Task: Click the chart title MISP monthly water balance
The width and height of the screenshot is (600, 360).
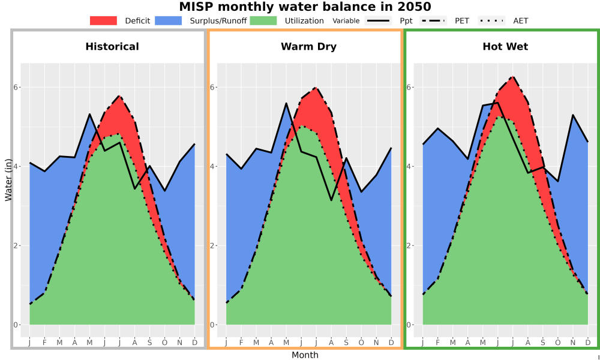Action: point(305,7)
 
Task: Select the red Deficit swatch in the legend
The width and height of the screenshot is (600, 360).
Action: point(103,20)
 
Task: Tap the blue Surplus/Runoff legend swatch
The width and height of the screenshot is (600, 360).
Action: point(169,20)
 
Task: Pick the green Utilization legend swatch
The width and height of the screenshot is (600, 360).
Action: point(263,20)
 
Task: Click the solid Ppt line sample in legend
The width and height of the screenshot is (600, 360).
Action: point(378,20)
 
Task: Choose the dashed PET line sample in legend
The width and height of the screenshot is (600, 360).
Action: point(433,20)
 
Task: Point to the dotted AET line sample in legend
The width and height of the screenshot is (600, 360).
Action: point(491,20)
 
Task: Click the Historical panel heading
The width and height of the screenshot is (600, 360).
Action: point(112,47)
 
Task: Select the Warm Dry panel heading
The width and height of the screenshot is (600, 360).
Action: point(308,47)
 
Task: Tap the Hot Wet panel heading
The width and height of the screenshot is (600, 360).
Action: point(505,47)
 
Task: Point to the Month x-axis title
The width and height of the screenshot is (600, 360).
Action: point(305,355)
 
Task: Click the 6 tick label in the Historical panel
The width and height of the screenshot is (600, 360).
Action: point(16,87)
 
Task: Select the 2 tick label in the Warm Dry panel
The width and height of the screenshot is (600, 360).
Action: point(213,245)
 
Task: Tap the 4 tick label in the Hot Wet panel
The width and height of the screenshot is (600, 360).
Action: point(409,166)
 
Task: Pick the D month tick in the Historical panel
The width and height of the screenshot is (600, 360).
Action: point(195,343)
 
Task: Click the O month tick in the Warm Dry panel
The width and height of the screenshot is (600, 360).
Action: point(361,343)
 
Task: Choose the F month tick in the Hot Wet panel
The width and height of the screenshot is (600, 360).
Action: point(438,343)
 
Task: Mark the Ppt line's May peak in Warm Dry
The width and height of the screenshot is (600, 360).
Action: point(286,103)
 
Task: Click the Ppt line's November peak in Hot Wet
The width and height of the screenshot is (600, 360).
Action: point(573,115)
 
